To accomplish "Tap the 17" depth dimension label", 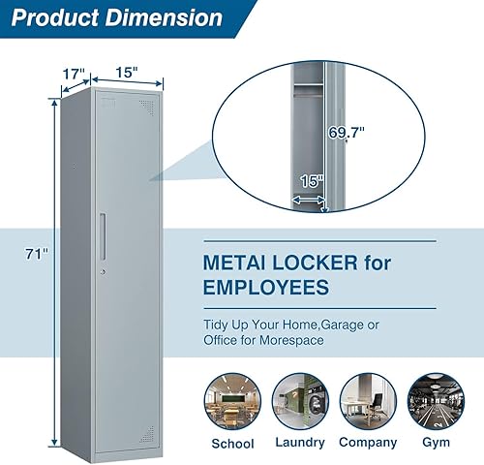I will coord(75,74).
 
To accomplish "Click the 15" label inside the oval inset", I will coord(311,180).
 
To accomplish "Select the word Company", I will coord(368,443).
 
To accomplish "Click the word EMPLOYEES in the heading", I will coord(265,288).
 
